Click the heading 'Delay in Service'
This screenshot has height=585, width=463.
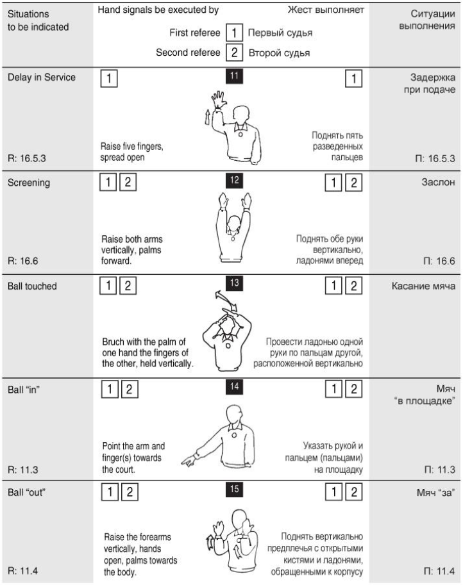pos(41,78)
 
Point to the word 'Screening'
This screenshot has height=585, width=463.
pos(29,182)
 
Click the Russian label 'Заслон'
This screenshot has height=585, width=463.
pos(439,182)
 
